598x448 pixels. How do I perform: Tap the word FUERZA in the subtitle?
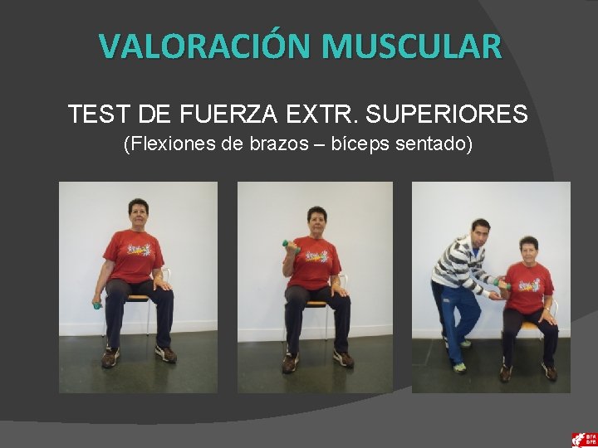click(x=221, y=114)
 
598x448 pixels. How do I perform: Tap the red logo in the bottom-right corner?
click(x=583, y=439)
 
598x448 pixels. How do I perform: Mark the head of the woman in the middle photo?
click(x=317, y=219)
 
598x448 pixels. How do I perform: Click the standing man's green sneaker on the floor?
click(x=458, y=366)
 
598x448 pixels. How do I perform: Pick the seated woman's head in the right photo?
click(x=528, y=248)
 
